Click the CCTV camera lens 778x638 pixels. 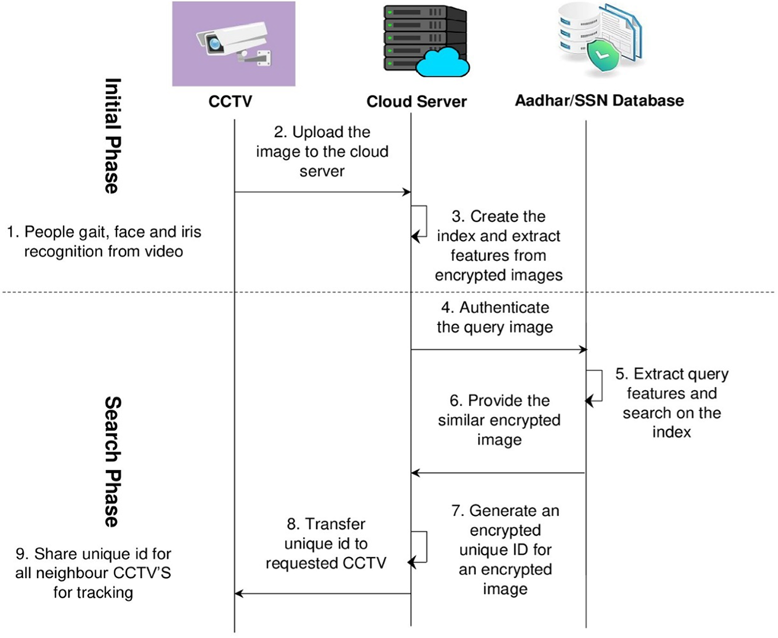pos(215,43)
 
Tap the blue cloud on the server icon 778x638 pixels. pos(443,63)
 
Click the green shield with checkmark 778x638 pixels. pos(603,56)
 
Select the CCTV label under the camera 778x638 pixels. pos(230,101)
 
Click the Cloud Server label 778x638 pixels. pos(416,101)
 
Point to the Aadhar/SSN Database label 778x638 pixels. pos(599,101)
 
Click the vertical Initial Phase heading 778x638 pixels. pos(112,136)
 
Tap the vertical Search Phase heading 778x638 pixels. pos(112,461)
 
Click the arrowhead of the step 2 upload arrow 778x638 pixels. pos(407,192)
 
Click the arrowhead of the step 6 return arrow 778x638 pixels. pos(415,473)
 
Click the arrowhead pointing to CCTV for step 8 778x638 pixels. pos(238,594)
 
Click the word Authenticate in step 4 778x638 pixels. pos(504,307)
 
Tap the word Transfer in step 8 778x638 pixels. pos(335,524)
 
